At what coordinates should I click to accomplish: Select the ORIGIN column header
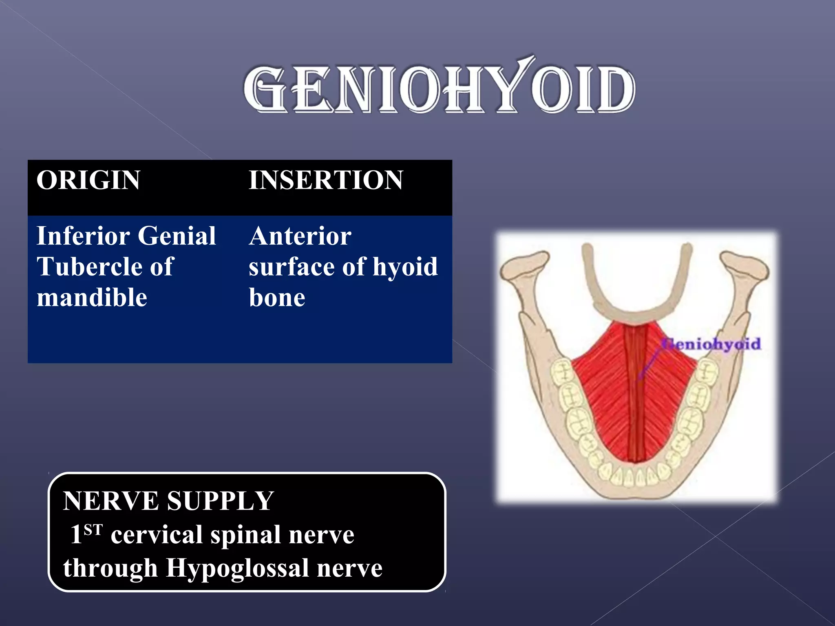click(x=88, y=180)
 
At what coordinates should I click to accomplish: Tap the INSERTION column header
click(x=326, y=180)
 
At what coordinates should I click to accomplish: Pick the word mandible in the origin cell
click(x=92, y=298)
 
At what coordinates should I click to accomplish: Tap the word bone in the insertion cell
click(x=277, y=298)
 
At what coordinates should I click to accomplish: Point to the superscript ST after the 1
click(x=93, y=529)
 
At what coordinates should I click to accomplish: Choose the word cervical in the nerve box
click(x=157, y=534)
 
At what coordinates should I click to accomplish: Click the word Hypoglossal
click(x=237, y=568)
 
